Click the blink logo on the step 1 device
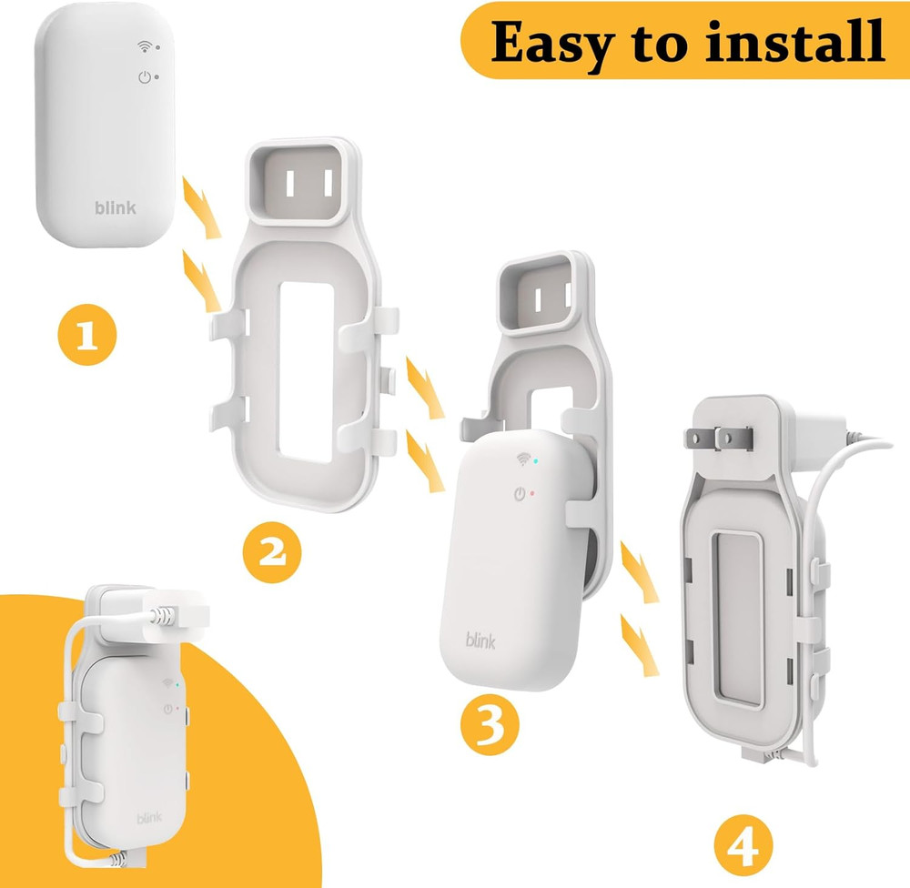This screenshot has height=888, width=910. (x=116, y=207)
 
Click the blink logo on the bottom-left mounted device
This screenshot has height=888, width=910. (x=150, y=818)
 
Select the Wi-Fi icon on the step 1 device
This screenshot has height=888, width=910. (x=143, y=45)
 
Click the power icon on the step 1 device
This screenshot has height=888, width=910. (x=143, y=77)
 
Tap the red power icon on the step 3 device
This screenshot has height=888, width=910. (x=520, y=495)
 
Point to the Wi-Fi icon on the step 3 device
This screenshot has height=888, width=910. (x=524, y=459)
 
